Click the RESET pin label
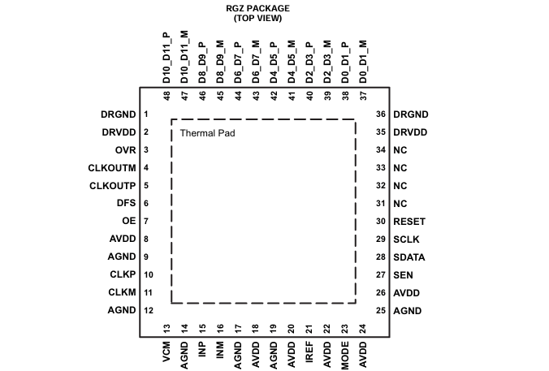[409, 222]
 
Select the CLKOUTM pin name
[112, 168]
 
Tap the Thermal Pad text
[207, 133]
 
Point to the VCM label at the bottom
[166, 352]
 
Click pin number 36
[381, 114]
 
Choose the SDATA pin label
[409, 257]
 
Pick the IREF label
[309, 352]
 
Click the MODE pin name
[345, 356]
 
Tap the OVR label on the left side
[125, 150]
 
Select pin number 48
[166, 96]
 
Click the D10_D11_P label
[166, 58]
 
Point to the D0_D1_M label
[363, 62]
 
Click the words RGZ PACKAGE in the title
[257, 8]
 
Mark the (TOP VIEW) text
[257, 18]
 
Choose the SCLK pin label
[406, 239]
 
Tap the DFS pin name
[126, 203]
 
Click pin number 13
[166, 329]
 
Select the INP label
[202, 350]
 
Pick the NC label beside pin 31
[400, 204]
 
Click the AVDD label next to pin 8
[123, 239]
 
